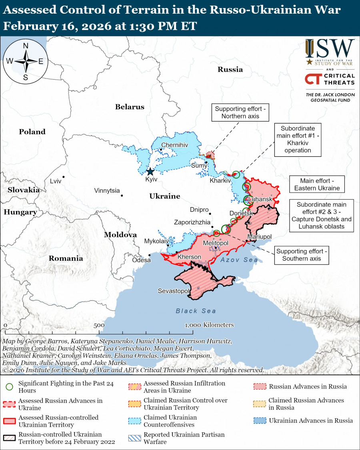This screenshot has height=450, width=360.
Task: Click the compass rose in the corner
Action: point(25,61)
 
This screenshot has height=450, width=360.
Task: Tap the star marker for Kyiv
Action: point(150,172)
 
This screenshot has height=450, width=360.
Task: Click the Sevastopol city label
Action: point(173,291)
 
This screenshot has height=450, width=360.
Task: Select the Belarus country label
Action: point(130,107)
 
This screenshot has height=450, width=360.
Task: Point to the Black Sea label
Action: point(196,311)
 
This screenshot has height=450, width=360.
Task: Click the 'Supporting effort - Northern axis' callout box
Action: point(240,113)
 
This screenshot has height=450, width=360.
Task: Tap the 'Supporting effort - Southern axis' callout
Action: point(302,255)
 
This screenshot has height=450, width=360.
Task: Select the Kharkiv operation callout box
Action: point(298,140)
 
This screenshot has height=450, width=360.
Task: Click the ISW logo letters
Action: point(330,49)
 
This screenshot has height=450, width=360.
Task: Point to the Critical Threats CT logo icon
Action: point(312,79)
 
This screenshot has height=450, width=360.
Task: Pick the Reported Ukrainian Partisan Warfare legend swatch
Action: point(134,438)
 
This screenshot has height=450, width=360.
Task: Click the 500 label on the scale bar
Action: point(99,325)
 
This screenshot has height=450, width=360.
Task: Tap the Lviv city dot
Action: point(64,177)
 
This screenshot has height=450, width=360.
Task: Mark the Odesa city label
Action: point(141,260)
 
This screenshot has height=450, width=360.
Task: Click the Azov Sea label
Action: point(239,260)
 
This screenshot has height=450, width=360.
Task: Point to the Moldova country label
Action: point(120,235)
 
